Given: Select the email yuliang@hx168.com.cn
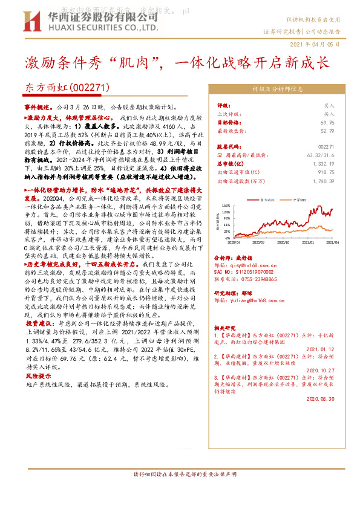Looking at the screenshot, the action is [252, 300].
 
